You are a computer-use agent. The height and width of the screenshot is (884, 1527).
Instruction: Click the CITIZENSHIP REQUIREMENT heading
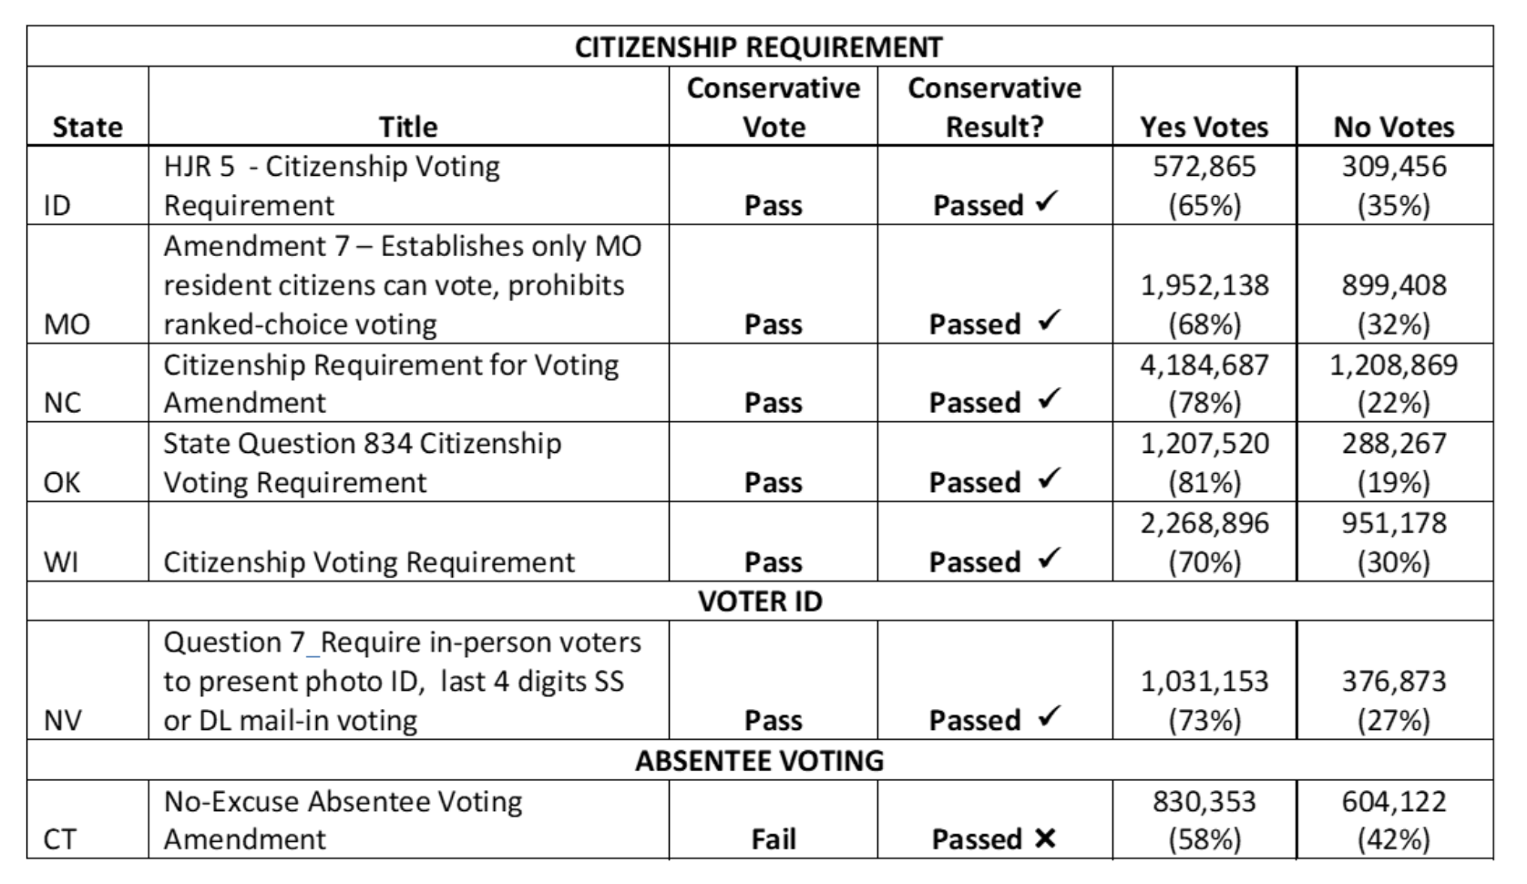(x=758, y=46)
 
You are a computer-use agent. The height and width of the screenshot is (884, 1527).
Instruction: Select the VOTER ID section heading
(x=760, y=601)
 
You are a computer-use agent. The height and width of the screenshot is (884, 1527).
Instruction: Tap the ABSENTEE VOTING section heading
(x=759, y=760)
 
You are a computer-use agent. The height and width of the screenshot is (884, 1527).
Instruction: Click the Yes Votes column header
(x=1204, y=127)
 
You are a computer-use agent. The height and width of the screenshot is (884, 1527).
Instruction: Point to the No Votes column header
(x=1394, y=127)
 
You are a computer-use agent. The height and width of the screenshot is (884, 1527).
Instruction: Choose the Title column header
(x=408, y=127)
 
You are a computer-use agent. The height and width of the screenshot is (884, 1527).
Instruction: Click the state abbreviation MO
(x=67, y=324)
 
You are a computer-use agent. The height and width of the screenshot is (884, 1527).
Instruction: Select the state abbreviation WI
(x=61, y=561)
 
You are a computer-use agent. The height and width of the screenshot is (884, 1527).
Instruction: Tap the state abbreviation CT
(x=60, y=838)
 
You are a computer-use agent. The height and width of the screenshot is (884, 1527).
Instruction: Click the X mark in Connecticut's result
(x=1045, y=838)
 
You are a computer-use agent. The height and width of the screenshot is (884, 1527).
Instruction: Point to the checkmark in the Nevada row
(x=1050, y=716)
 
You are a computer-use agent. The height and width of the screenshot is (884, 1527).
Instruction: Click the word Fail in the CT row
(x=773, y=838)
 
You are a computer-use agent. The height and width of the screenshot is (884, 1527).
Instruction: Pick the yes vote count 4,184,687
(x=1204, y=365)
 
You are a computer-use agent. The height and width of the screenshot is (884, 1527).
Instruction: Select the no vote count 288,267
(x=1394, y=444)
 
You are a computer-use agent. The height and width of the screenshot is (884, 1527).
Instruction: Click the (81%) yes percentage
(x=1204, y=482)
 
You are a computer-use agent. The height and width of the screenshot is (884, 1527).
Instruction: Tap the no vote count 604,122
(x=1394, y=801)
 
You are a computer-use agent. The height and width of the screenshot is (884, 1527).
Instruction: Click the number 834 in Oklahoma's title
(x=388, y=444)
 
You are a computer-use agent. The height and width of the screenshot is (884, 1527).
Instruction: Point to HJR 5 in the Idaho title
(x=199, y=167)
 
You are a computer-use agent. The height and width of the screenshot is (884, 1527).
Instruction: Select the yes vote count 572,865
(x=1204, y=167)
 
